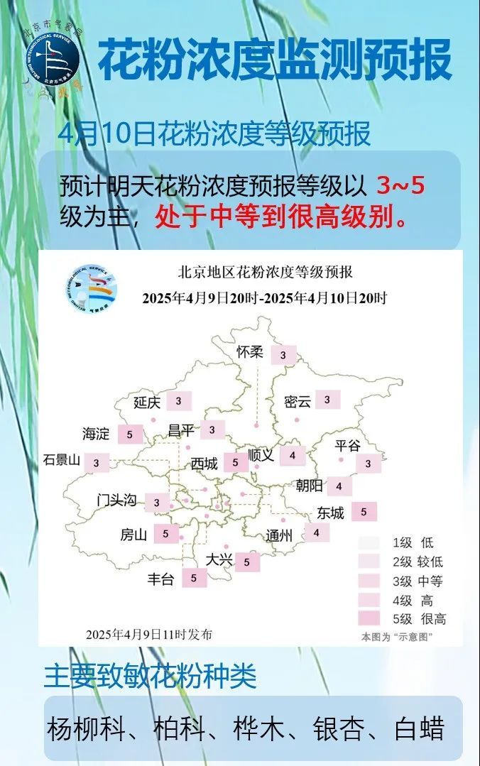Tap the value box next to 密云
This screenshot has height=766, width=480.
[x=327, y=400]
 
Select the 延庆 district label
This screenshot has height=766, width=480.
[x=147, y=403]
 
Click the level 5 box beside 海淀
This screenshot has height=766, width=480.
[x=130, y=434]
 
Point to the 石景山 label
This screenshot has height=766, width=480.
[x=62, y=459]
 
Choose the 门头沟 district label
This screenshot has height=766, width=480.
[x=116, y=500]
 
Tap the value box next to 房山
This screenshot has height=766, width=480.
[x=165, y=533]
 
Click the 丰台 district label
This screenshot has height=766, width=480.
[x=160, y=579]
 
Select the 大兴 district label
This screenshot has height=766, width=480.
[x=219, y=560]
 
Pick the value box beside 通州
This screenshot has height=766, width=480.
[x=317, y=532]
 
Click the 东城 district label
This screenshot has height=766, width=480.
[x=330, y=513]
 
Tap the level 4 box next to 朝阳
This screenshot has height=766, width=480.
[x=339, y=486]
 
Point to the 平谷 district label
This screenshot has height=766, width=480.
[x=348, y=445]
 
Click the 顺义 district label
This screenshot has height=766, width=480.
[x=261, y=455]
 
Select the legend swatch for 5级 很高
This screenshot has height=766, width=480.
[x=369, y=618]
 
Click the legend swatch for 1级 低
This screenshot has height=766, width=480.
[x=369, y=543]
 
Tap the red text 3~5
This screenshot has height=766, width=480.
[x=400, y=186]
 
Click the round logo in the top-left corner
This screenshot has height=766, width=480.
[x=53, y=59]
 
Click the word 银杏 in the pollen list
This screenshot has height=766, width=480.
[x=334, y=729]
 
